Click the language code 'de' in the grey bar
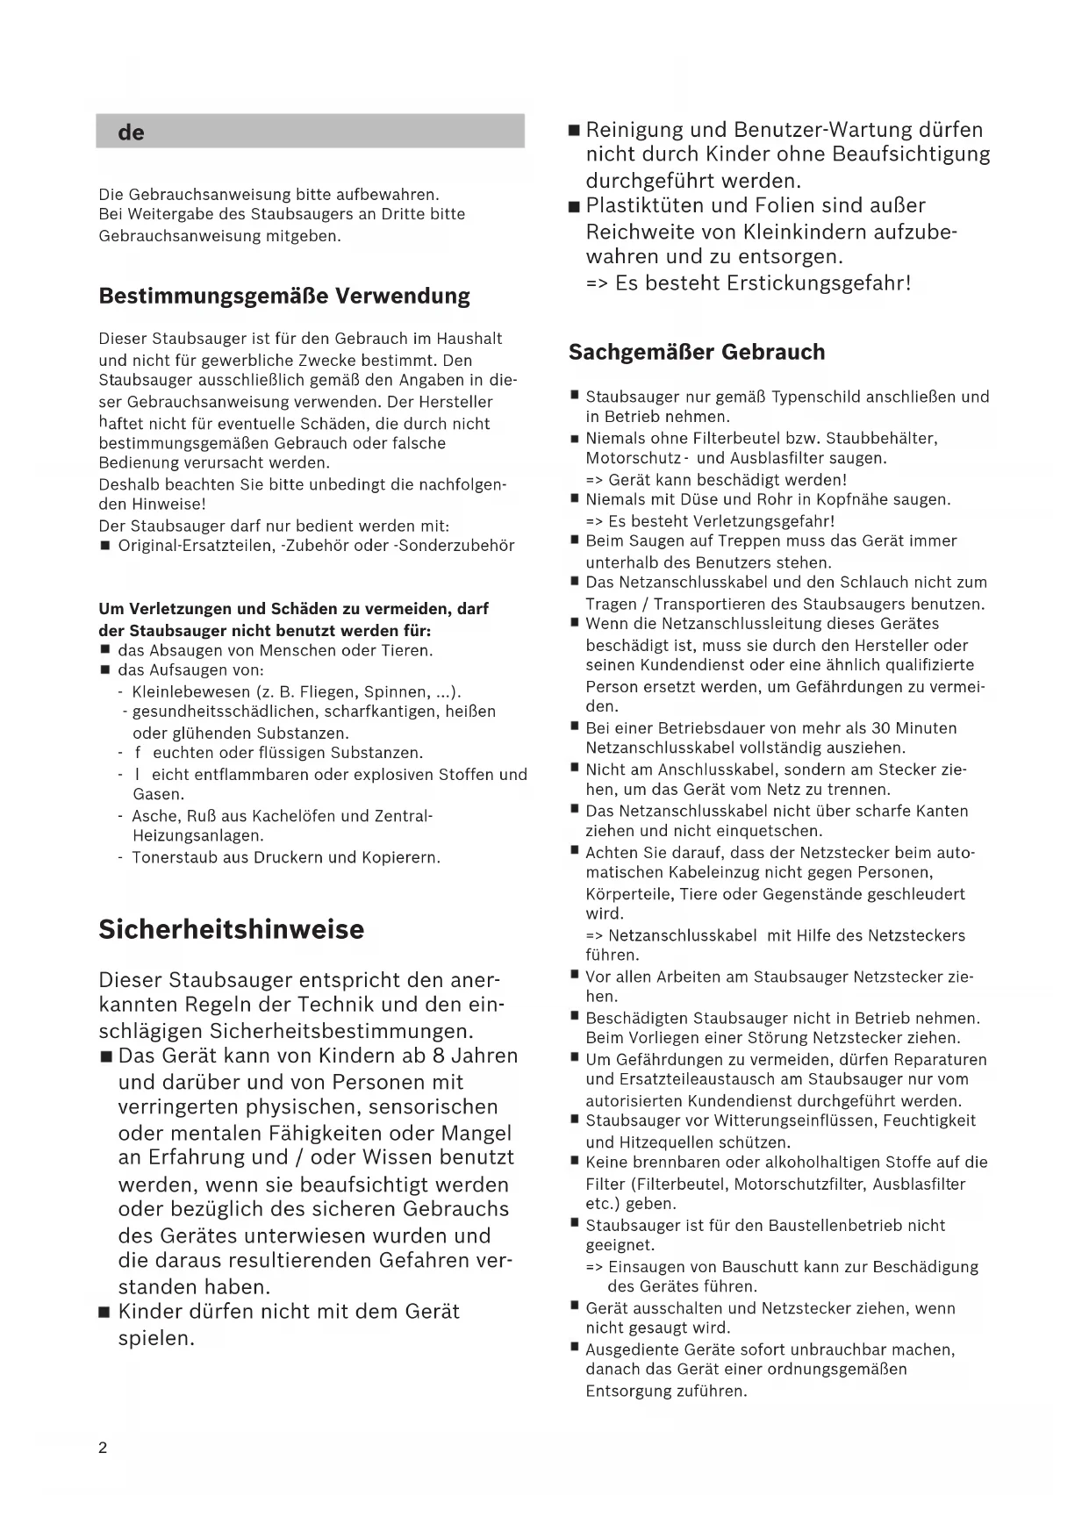click(x=131, y=133)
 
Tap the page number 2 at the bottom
click(x=103, y=1448)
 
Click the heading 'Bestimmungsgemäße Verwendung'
click(x=284, y=296)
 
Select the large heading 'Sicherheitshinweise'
click(x=231, y=929)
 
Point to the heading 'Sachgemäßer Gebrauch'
click(x=697, y=352)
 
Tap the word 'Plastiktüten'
click(x=645, y=206)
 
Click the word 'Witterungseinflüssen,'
click(x=796, y=1120)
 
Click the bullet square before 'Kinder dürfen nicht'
click(x=104, y=1314)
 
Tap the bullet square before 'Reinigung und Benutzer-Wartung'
click(x=574, y=131)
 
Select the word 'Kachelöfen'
click(x=297, y=816)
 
